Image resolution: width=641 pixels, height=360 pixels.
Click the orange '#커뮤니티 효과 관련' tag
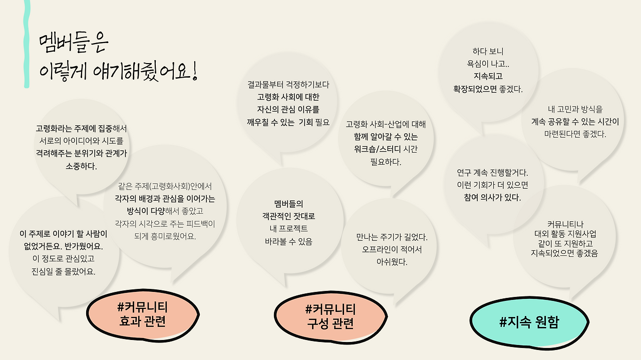pyautogui.click(x=143, y=314)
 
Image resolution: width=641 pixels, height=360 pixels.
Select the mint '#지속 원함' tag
pyautogui.click(x=529, y=322)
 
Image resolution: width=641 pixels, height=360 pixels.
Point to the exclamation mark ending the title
pyautogui.click(x=194, y=73)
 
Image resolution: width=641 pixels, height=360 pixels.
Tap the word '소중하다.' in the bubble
pyautogui.click(x=81, y=166)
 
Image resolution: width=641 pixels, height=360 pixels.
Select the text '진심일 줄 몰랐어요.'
pyautogui.click(x=63, y=272)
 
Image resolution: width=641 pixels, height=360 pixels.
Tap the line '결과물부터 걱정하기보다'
pyautogui.click(x=288, y=85)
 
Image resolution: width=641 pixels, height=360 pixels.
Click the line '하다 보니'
pyautogui.click(x=488, y=51)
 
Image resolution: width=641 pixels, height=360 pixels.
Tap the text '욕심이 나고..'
pyautogui.click(x=488, y=64)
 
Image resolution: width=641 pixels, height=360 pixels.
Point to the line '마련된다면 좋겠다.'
pyautogui.click(x=575, y=134)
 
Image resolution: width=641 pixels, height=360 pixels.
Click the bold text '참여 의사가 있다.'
pyautogui.click(x=492, y=197)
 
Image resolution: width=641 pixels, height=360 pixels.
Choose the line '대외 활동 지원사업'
pyautogui.click(x=565, y=234)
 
